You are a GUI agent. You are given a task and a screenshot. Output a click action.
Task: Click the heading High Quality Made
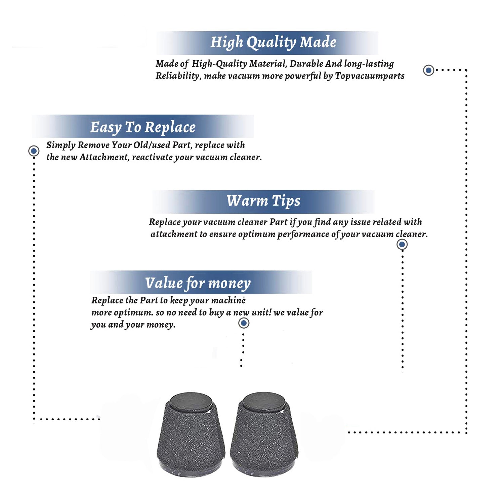tap(273, 43)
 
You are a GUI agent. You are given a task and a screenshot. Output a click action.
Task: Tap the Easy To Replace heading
tap(143, 127)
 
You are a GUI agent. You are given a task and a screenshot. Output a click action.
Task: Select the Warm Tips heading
tap(263, 201)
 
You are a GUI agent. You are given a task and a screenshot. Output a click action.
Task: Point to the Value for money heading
tap(198, 283)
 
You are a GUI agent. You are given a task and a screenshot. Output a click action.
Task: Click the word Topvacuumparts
tap(370, 76)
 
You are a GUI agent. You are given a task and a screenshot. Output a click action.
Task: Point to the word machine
tap(229, 300)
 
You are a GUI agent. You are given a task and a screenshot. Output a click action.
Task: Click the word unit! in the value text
tap(261, 312)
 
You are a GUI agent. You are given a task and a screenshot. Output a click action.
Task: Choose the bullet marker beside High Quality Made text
tap(428, 70)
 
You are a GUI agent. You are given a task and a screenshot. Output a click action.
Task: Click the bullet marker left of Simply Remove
tap(34, 151)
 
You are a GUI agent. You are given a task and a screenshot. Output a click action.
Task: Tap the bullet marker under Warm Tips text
tap(402, 244)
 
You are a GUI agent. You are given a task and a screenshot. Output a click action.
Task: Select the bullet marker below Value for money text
tap(244, 323)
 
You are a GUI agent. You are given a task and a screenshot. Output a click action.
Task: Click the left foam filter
tap(191, 434)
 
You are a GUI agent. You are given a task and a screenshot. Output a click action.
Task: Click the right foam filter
tap(264, 434)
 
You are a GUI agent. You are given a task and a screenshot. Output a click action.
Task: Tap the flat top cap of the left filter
tap(191, 402)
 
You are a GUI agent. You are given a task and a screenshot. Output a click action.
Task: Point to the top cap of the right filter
tap(264, 402)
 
